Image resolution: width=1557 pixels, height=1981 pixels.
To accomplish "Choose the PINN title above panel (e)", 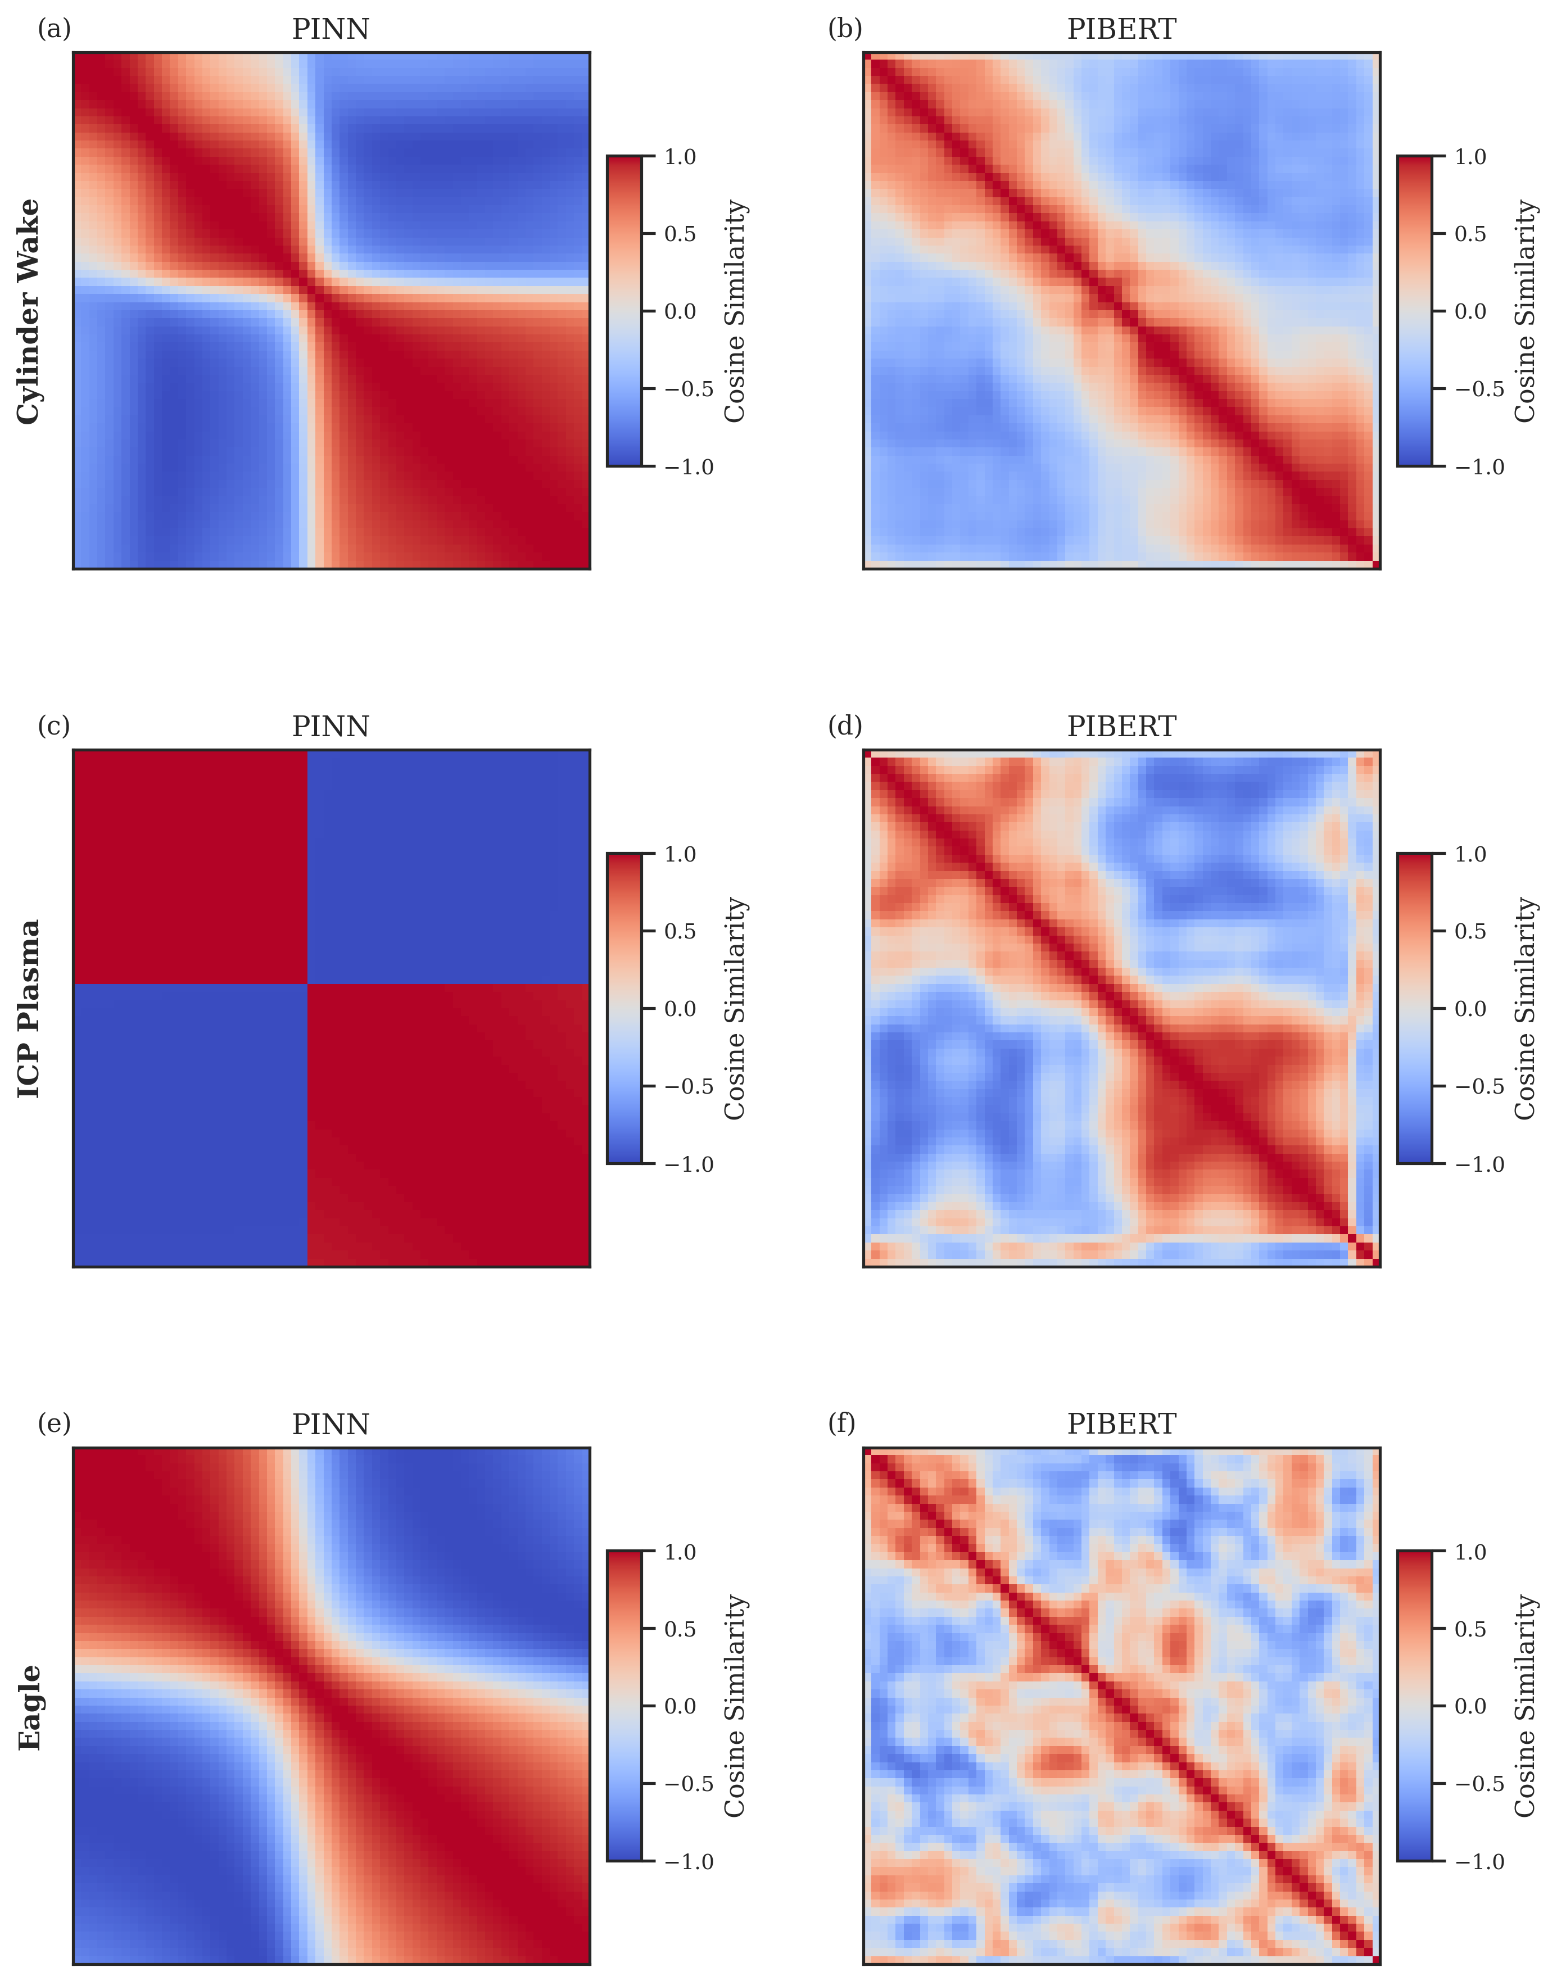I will tap(330, 1424).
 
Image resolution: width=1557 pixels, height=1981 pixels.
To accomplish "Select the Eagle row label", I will tap(29, 1707).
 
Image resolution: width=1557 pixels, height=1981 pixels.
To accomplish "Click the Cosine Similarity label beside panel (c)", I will tap(735, 1009).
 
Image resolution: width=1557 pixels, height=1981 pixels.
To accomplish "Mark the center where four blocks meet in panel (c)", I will tap(308, 984).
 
